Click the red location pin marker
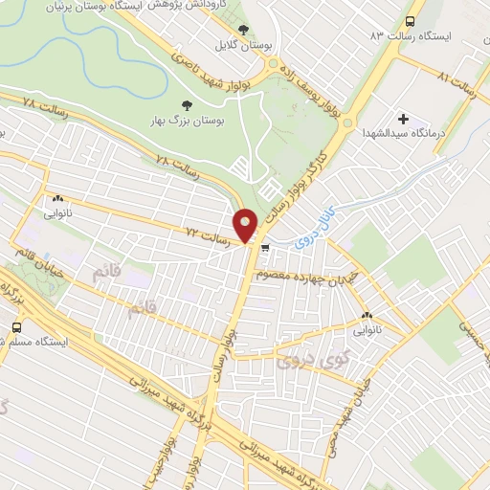[247, 225]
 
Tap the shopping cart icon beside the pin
[265, 248]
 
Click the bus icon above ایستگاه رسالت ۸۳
[411, 21]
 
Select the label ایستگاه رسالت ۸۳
[416, 35]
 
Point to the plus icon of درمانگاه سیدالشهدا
[404, 121]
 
